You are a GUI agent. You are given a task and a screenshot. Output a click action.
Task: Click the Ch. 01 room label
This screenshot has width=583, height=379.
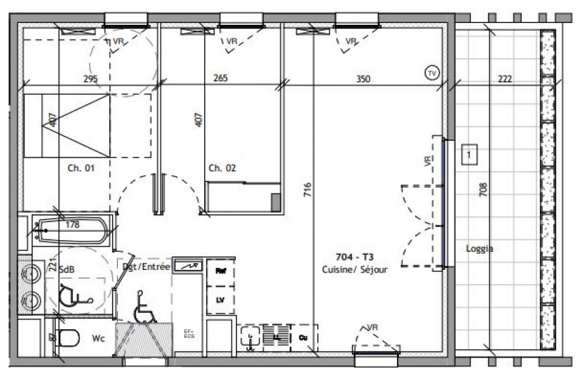(x=80, y=168)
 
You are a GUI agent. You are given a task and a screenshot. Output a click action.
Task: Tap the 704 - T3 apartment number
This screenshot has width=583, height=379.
(x=355, y=256)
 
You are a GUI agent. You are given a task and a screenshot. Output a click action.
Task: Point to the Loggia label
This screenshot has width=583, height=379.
(x=479, y=248)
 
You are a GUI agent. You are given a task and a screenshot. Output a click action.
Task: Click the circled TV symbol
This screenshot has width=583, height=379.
(x=431, y=72)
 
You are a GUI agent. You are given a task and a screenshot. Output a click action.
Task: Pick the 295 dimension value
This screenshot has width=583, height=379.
(x=90, y=79)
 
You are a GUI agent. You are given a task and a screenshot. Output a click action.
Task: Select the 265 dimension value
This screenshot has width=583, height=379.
(x=220, y=79)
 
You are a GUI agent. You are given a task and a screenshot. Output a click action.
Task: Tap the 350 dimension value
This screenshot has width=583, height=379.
(x=363, y=79)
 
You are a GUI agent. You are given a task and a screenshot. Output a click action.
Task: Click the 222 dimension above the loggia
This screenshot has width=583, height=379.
(x=505, y=79)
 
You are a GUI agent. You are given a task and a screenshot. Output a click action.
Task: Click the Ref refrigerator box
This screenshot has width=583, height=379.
(x=220, y=271)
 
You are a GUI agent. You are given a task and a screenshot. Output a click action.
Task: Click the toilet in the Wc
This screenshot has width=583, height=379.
(x=66, y=338)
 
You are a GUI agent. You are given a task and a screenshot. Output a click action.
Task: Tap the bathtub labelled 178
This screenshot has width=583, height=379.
(x=71, y=230)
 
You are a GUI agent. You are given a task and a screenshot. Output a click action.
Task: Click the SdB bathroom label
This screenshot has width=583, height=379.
(x=66, y=269)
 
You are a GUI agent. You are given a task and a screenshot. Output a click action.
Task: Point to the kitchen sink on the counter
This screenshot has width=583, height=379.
(x=251, y=337)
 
